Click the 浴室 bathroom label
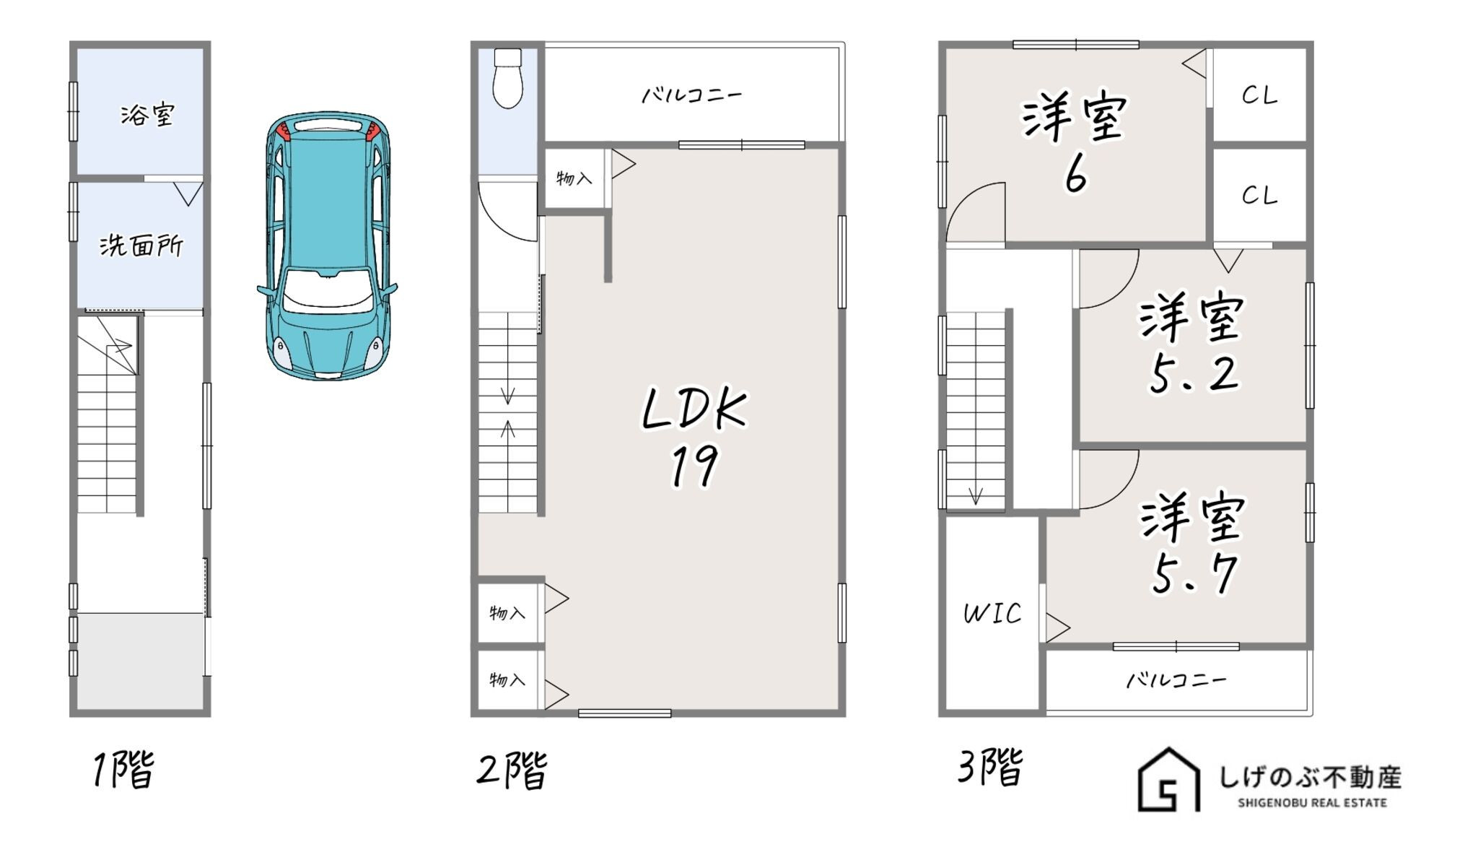[147, 115]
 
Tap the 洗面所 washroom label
[141, 246]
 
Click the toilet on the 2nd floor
[508, 78]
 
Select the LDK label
[694, 409]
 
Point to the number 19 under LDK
[694, 467]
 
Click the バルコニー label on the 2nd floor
[692, 95]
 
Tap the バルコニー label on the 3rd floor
[1176, 680]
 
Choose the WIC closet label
[993, 614]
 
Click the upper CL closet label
[1260, 95]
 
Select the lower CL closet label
[1260, 195]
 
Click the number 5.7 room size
[1194, 575]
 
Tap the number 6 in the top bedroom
[1075, 175]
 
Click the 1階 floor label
[123, 769]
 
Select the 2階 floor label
[512, 770]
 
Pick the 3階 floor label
[990, 767]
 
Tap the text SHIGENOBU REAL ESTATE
[1312, 803]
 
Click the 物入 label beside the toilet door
[574, 178]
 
